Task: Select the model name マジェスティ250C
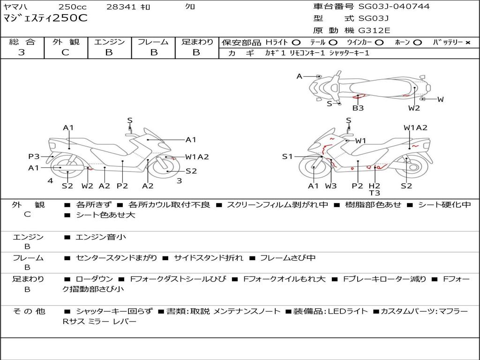(45, 18)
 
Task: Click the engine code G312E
(374, 30)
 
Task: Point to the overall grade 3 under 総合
(22, 52)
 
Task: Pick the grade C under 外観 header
(65, 52)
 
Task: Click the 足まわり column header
(197, 42)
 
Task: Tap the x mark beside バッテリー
(467, 43)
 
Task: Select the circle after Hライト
(296, 43)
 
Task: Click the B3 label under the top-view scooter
(358, 108)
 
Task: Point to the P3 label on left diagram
(34, 157)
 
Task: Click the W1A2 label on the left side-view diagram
(197, 157)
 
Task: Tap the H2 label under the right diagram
(374, 186)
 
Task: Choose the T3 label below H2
(374, 193)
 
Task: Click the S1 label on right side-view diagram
(287, 157)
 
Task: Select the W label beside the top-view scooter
(440, 99)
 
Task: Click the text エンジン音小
(101, 237)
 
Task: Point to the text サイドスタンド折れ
(209, 258)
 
